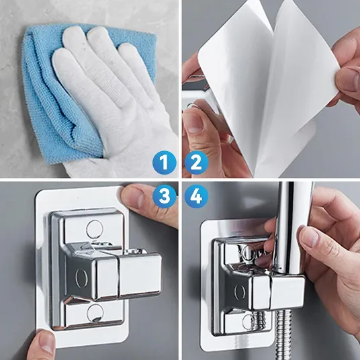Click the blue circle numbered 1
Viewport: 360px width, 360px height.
pyautogui.click(x=165, y=163)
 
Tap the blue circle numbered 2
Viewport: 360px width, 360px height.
pyautogui.click(x=196, y=163)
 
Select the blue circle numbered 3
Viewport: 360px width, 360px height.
pyautogui.click(x=165, y=196)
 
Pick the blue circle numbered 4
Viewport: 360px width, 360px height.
pyautogui.click(x=196, y=196)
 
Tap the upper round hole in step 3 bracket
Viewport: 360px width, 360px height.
pyautogui.click(x=94, y=228)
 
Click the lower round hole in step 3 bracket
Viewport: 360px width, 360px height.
pyautogui.click(x=95, y=313)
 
